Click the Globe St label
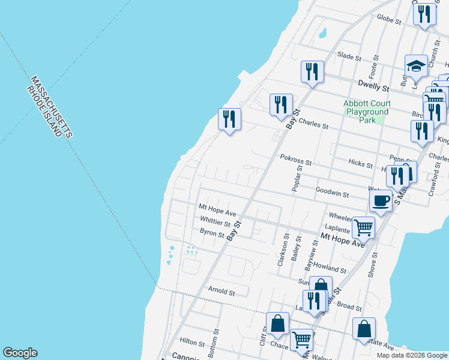pyautogui.click(x=388, y=20)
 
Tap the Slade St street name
pyautogui.click(x=349, y=58)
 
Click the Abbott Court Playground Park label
pyautogui.click(x=366, y=112)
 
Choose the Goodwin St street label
pyautogui.click(x=333, y=194)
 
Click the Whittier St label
pyautogui.click(x=215, y=221)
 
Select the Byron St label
pyautogui.click(x=212, y=232)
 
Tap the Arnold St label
pyautogui.click(x=221, y=291)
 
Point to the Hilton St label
pyautogui.click(x=192, y=341)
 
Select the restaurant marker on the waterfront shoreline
pyautogui.click(x=229, y=119)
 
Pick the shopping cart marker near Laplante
pyautogui.click(x=363, y=227)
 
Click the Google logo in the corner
pyautogui.click(x=20, y=353)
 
